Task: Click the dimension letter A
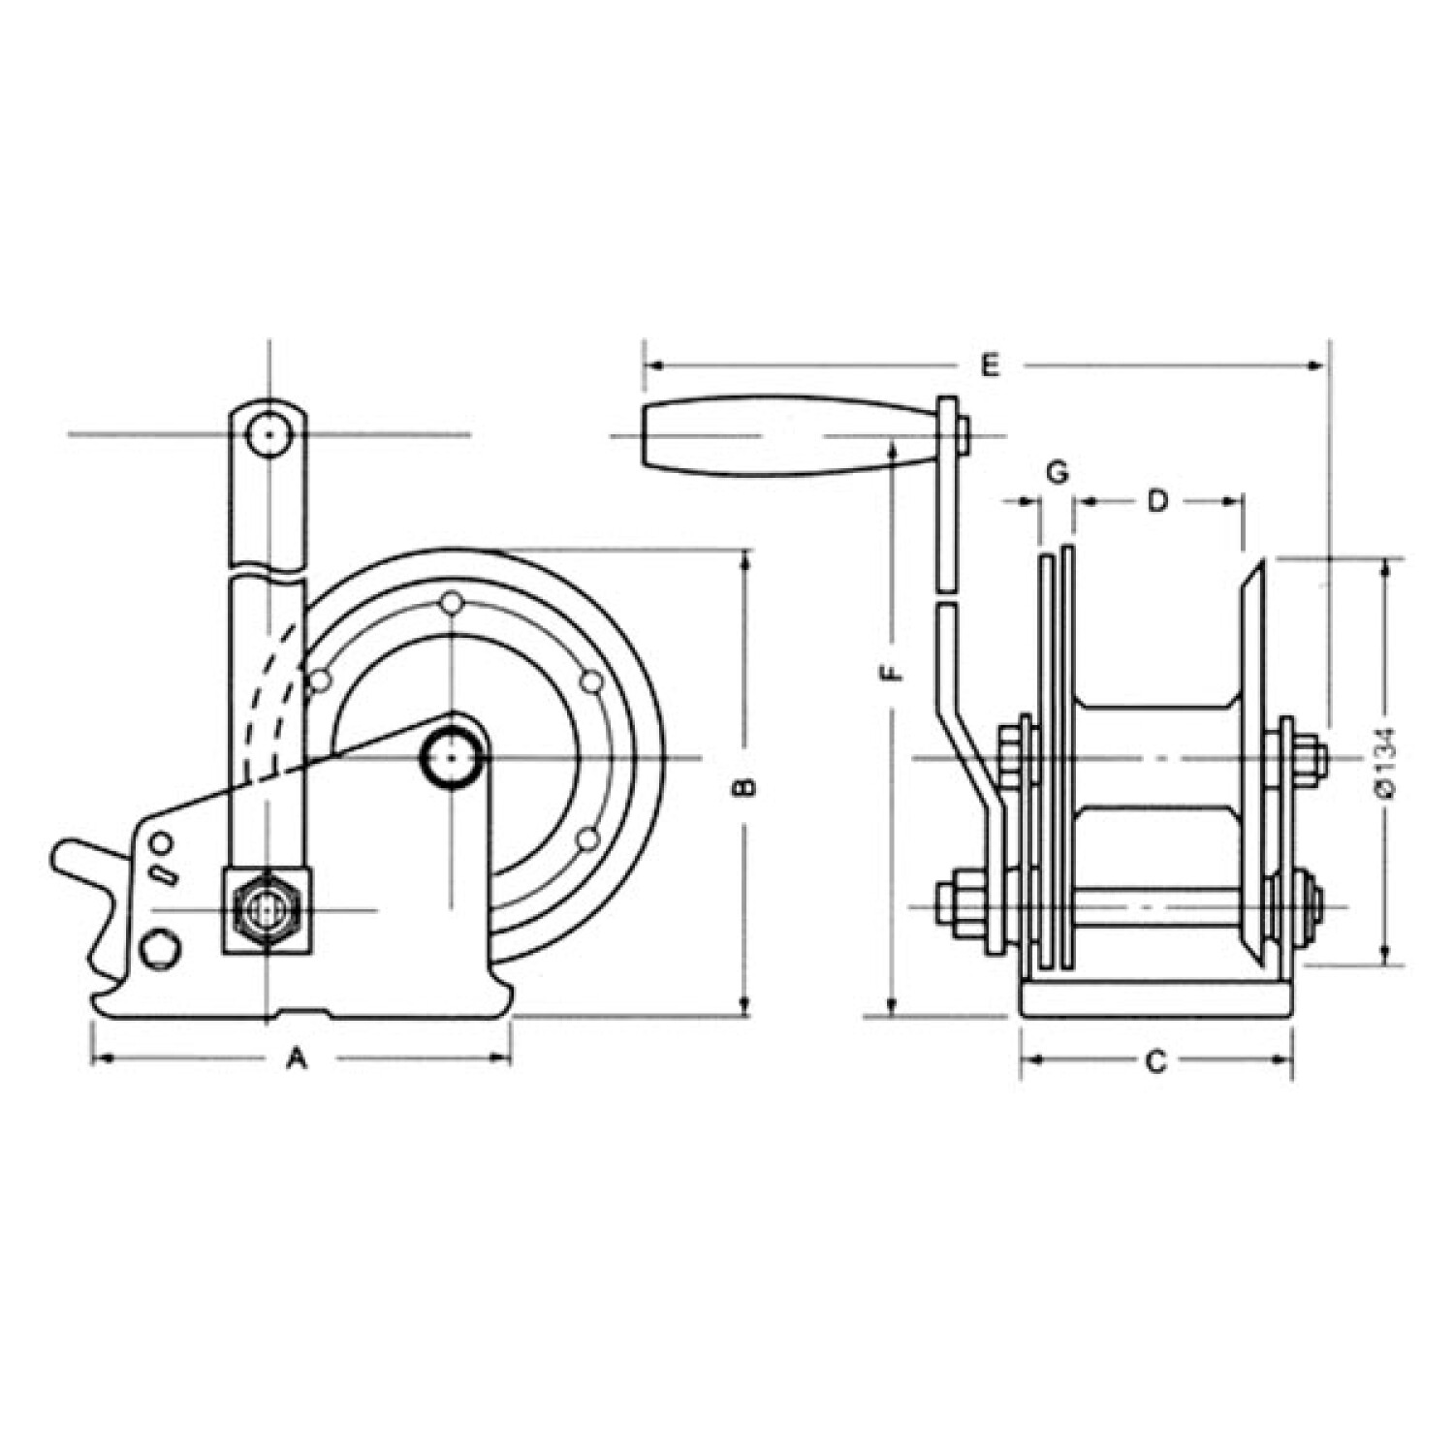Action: pos(298,1059)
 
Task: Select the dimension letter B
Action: pos(744,786)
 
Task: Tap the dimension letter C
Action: pos(1155,1062)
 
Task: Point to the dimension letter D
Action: pos(1158,501)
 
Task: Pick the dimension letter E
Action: pos(989,365)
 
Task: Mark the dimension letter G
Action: pos(1057,472)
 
